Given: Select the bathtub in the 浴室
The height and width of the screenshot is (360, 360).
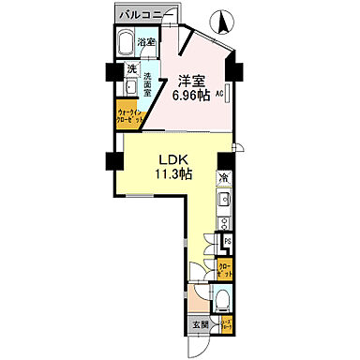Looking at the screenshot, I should click(126, 44).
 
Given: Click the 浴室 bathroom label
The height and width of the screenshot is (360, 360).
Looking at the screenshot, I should click(146, 43).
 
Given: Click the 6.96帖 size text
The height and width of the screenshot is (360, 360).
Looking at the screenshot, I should click(192, 95).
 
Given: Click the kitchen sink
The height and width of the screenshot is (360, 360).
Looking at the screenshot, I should click(224, 201).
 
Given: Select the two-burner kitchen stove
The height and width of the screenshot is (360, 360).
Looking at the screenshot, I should click(224, 223).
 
